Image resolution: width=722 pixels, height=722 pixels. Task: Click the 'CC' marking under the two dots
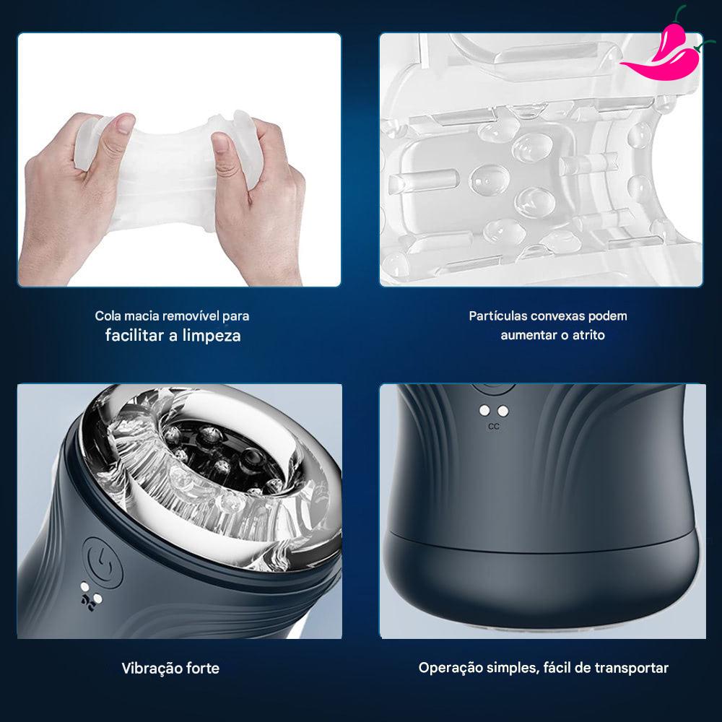(494, 427)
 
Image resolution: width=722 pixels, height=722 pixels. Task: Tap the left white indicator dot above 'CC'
(484, 410)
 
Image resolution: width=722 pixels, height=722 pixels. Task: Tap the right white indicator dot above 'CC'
(503, 411)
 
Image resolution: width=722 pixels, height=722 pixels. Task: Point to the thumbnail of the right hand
(220, 142)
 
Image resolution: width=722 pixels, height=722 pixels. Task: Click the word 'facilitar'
(135, 335)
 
